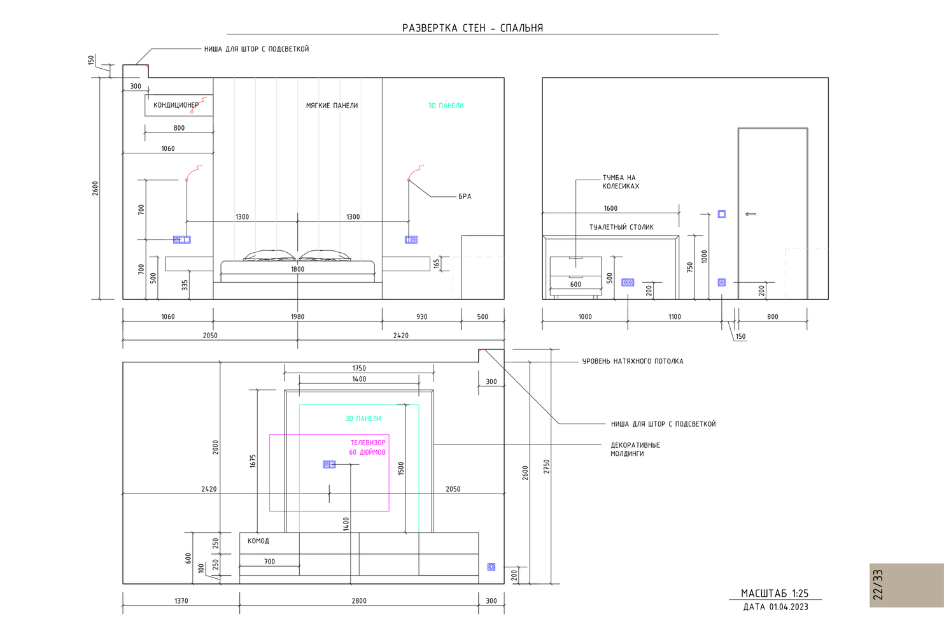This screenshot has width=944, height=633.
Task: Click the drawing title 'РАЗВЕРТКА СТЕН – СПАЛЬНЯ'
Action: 472,28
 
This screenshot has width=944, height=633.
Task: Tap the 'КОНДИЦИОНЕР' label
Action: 176,105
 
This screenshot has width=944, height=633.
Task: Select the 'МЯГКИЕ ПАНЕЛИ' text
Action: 332,106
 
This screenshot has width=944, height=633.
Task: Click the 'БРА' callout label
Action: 465,196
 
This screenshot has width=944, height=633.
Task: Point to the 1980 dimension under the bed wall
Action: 297,316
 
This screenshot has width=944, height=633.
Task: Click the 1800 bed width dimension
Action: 297,269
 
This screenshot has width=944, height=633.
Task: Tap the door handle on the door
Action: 750,214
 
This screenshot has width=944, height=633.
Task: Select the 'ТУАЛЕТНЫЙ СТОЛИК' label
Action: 621,227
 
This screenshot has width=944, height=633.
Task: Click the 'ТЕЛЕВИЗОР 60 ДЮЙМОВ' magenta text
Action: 367,448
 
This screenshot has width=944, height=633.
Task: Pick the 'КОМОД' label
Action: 258,541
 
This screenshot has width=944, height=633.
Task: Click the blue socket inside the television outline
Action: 329,464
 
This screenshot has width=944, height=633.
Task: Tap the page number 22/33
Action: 878,585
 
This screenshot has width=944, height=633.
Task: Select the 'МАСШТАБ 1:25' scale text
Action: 775,594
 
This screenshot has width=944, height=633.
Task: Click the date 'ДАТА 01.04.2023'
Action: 775,607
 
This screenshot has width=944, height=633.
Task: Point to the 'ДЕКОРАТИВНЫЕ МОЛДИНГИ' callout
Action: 635,449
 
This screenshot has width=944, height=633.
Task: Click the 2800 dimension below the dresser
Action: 359,601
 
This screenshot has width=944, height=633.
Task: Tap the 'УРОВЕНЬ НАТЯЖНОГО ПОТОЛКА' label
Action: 633,361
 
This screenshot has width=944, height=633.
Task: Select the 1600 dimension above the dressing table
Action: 610,208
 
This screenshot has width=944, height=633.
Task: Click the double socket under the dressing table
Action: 628,283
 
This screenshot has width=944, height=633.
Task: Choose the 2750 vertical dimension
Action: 547,466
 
